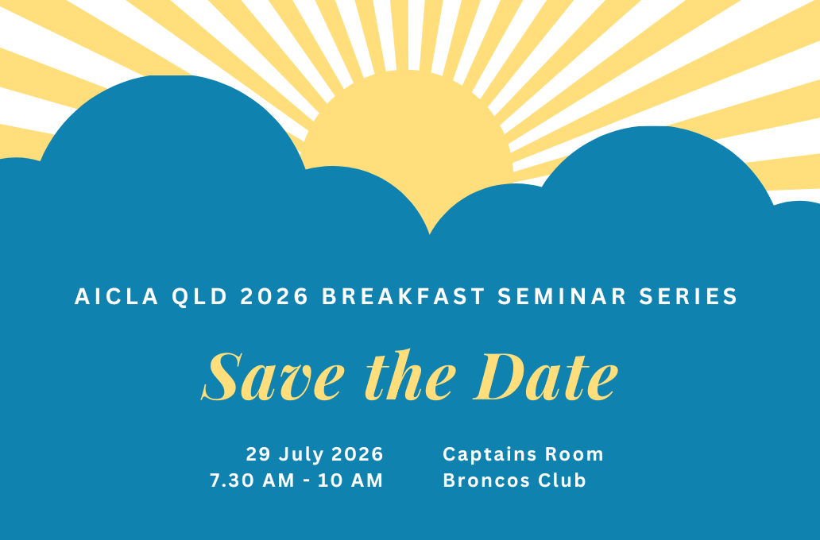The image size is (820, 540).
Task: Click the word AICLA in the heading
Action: tap(117, 296)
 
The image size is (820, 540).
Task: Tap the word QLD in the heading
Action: tap(199, 297)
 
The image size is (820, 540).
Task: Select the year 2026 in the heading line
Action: tap(275, 296)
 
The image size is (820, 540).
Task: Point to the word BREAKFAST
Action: tap(403, 296)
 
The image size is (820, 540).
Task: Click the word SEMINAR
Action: tap(562, 296)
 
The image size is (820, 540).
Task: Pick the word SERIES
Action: tap(688, 296)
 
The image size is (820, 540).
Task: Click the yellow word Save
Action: tap(273, 376)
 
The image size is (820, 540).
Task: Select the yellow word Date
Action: tap(545, 376)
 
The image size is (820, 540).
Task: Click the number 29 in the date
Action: tap(258, 453)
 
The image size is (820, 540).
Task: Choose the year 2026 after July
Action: tap(358, 453)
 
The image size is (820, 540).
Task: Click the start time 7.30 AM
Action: tap(252, 480)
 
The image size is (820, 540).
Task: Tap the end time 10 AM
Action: tap(350, 480)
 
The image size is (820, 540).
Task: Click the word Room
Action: tap(574, 454)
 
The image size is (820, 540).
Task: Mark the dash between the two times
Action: tap(307, 481)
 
